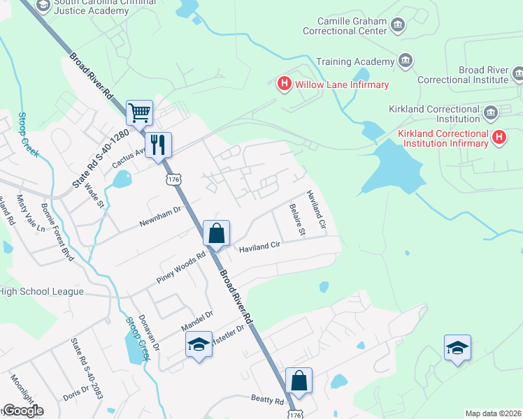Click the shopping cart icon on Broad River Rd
pos(139,112)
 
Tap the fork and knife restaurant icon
pos(157,145)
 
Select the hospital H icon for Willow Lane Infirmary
pos(285,84)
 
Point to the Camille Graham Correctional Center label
pos(344,27)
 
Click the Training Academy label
pos(355,61)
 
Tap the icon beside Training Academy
pos(406,61)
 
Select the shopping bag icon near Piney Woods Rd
pos(217,233)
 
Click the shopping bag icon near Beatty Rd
pos(299,381)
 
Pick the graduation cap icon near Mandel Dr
pos(199,344)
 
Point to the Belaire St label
pos(298,219)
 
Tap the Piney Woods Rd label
pos(181,267)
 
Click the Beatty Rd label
pos(268,400)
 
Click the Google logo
pos(22,411)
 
